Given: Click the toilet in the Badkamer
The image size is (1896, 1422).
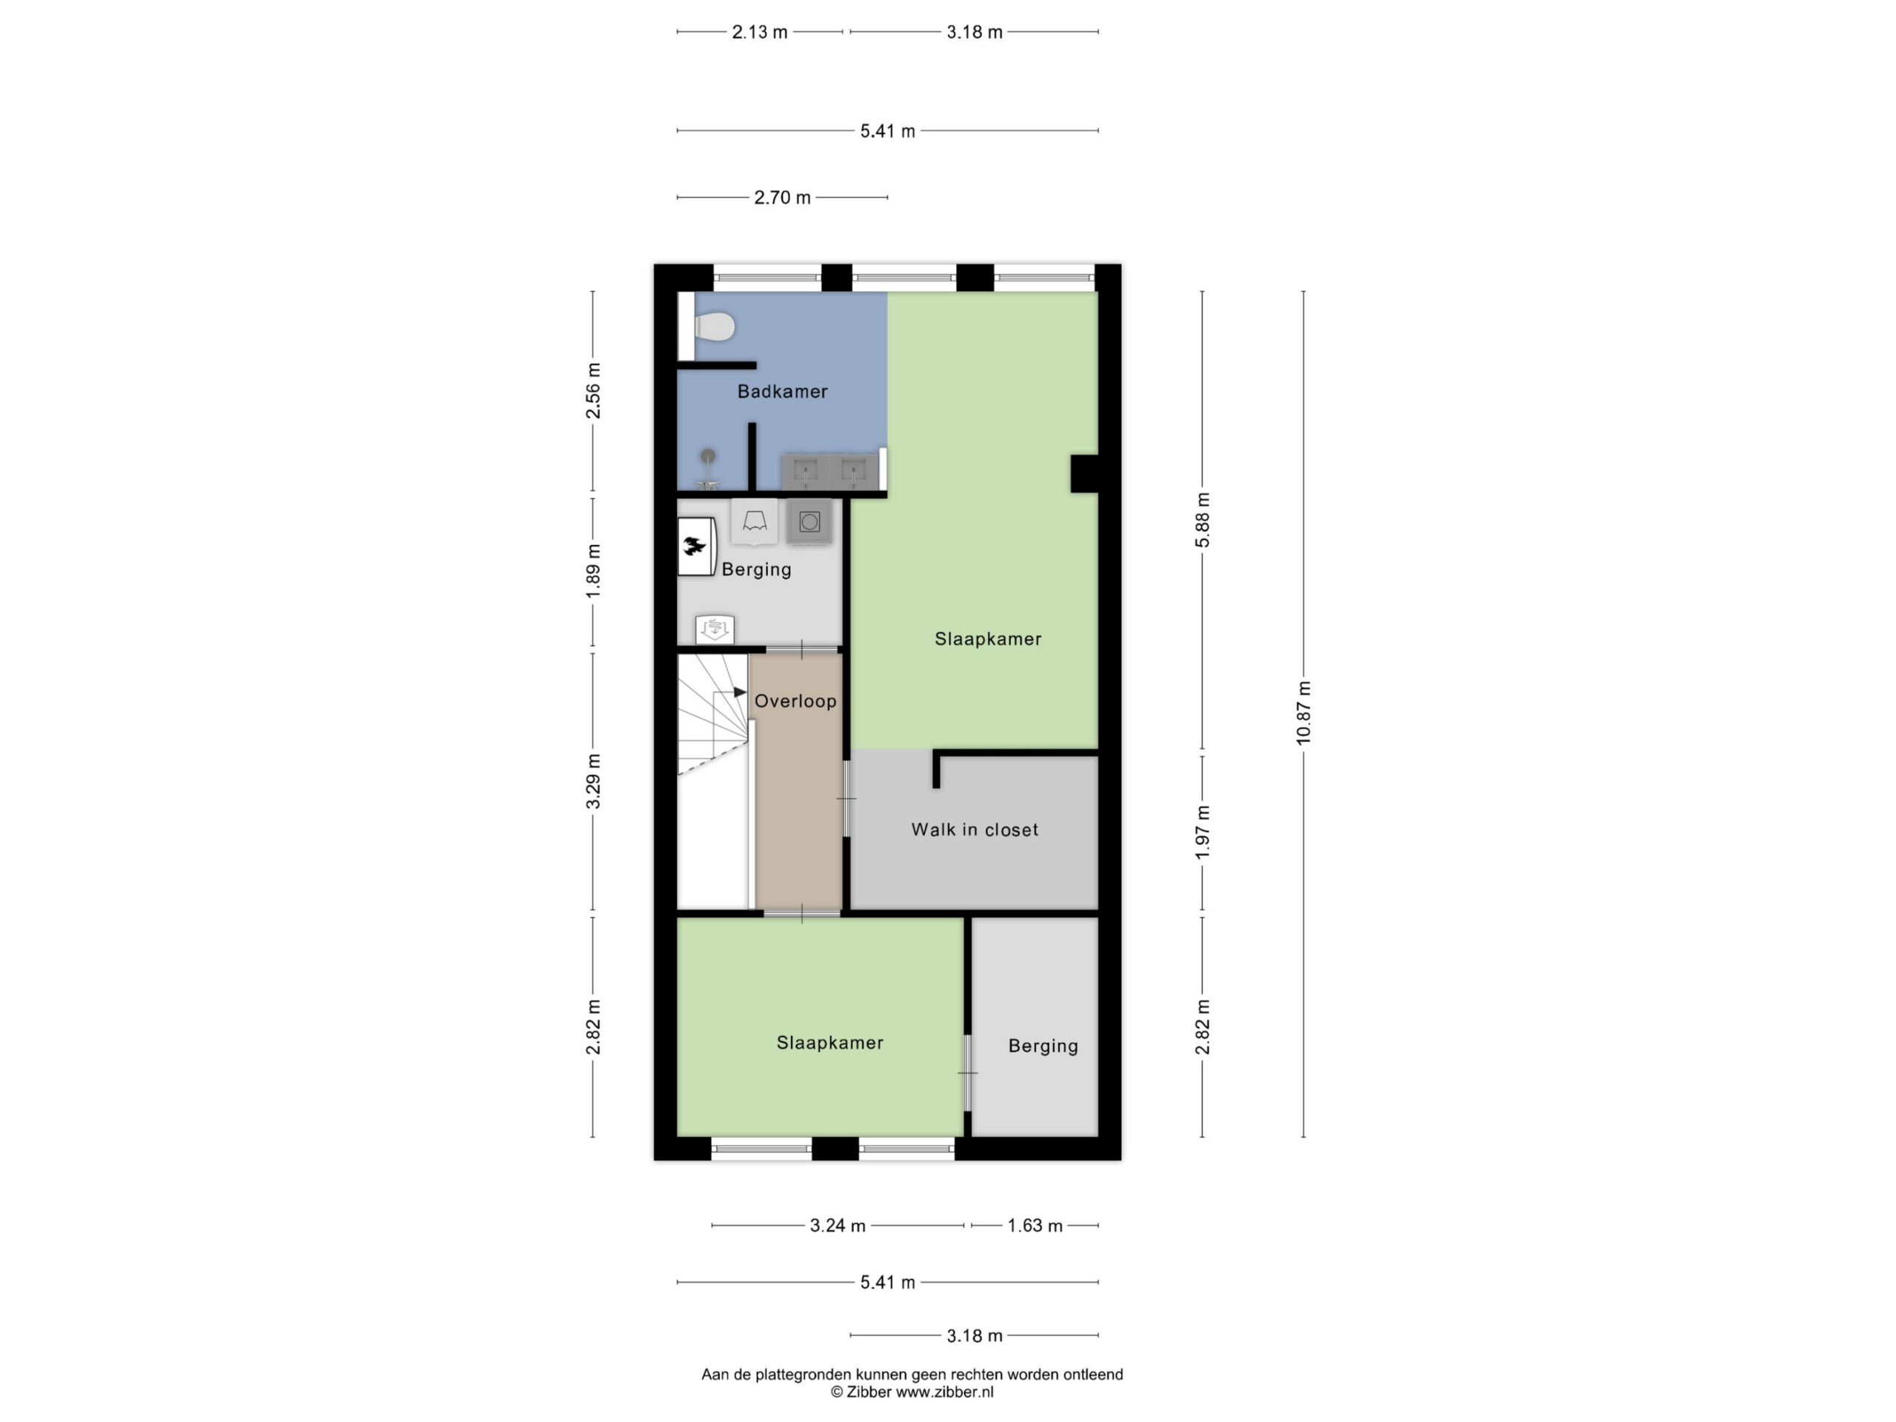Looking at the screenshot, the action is (x=715, y=327).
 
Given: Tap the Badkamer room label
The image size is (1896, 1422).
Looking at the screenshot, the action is (x=783, y=392).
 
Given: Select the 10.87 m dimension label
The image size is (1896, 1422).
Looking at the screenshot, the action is (x=1303, y=713).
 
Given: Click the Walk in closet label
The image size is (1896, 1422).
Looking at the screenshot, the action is (x=975, y=829).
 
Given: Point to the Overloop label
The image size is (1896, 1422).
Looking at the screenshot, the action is (x=795, y=701).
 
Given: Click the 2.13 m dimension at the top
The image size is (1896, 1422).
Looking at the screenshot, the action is (x=759, y=33).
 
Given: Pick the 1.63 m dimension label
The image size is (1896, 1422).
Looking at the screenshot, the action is (x=1035, y=1226).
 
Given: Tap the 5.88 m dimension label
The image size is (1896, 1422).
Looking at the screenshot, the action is (x=1203, y=520).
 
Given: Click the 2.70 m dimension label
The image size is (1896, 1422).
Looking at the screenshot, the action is (x=781, y=198).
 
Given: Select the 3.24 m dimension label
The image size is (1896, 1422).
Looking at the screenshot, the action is (x=838, y=1226).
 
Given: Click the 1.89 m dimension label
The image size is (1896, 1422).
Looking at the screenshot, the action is (x=593, y=572).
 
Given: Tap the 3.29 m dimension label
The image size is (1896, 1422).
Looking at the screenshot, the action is (x=593, y=781).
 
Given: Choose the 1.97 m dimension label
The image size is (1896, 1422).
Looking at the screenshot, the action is (x=1203, y=832).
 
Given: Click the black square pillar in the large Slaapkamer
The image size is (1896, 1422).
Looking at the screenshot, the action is (x=1084, y=473).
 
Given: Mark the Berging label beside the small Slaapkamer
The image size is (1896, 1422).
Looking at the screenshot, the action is (x=1043, y=1046).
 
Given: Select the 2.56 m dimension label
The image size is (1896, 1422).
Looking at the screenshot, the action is (x=593, y=391).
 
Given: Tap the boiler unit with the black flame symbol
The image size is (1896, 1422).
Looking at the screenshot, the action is (x=696, y=546).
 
